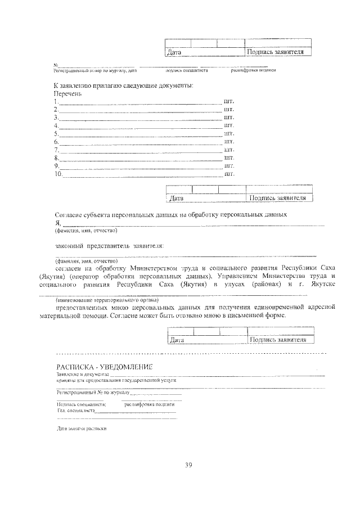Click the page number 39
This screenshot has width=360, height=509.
click(x=189, y=465)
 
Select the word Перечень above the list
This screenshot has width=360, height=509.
click(x=68, y=93)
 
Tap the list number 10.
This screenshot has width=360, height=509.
click(x=58, y=174)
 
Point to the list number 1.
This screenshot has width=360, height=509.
click(x=56, y=102)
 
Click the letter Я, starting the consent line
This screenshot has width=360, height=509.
click(x=57, y=223)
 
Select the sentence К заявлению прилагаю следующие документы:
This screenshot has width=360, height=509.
click(x=124, y=85)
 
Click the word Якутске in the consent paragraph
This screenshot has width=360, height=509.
click(x=319, y=285)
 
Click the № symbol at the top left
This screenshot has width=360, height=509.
click(x=56, y=66)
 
